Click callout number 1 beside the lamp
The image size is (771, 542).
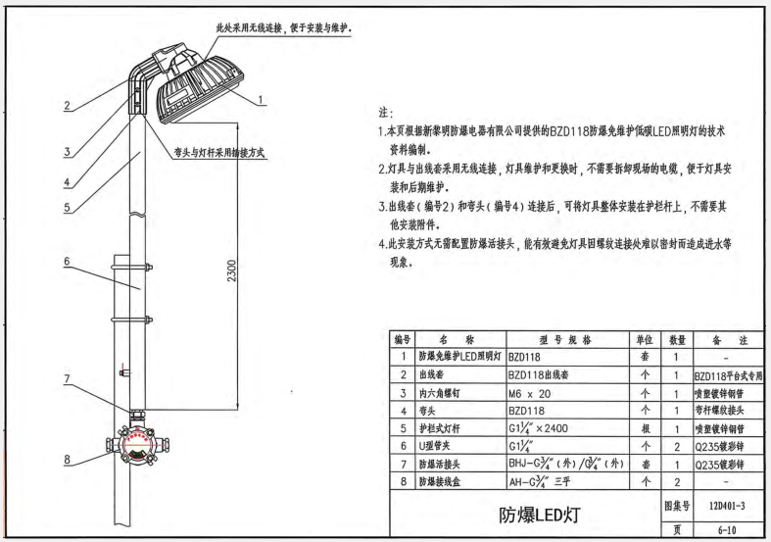(263, 98)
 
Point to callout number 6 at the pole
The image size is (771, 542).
(66, 262)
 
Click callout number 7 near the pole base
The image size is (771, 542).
(66, 377)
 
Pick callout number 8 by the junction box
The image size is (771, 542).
(66, 458)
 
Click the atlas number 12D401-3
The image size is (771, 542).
(723, 506)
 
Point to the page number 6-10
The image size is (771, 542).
(723, 528)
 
